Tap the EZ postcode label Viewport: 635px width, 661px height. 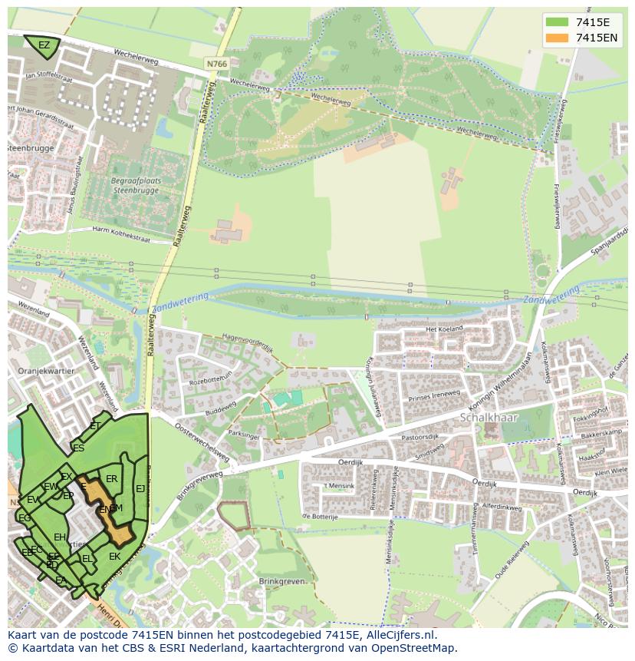pyautogui.click(x=44, y=45)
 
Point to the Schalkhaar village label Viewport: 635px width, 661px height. pyautogui.click(x=489, y=418)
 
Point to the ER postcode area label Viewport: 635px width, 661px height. pyautogui.click(x=112, y=479)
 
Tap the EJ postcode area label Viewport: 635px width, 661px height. pyautogui.click(x=140, y=488)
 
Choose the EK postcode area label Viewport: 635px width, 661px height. pyautogui.click(x=114, y=557)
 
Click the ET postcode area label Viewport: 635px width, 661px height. pyautogui.click(x=95, y=425)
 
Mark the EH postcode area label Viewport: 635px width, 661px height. pyautogui.click(x=60, y=537)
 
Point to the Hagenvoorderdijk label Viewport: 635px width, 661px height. pyautogui.click(x=247, y=341)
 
